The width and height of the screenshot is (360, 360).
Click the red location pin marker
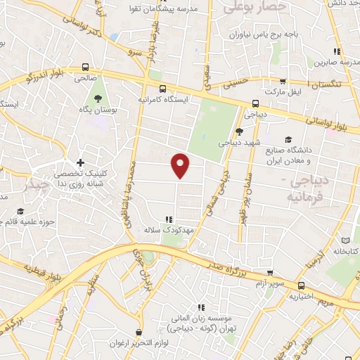click(x=181, y=165)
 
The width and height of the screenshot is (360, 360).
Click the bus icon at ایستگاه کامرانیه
click(x=163, y=89)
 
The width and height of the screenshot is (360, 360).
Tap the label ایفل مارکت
click(x=282, y=92)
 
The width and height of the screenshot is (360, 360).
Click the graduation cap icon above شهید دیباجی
click(x=239, y=130)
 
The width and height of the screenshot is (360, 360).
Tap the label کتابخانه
click(x=345, y=251)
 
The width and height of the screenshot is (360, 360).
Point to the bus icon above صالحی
click(x=86, y=67)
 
